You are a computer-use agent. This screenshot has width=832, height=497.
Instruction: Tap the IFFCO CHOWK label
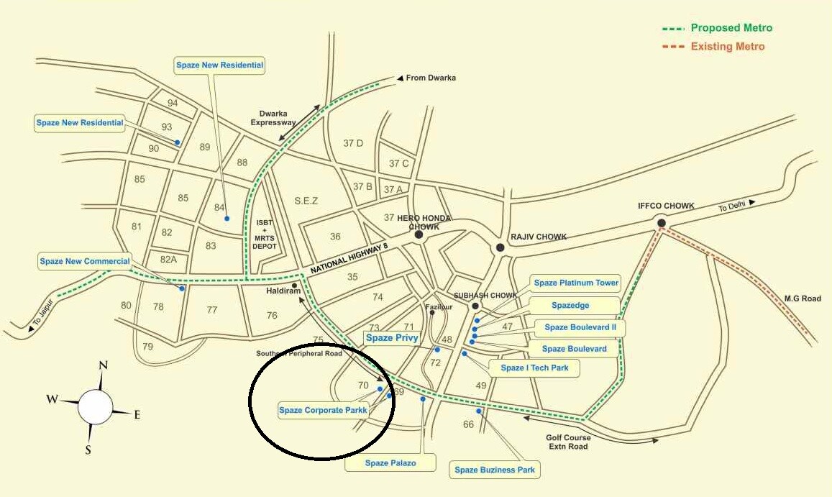(x=666, y=206)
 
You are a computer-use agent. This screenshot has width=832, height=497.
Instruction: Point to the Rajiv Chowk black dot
(x=500, y=247)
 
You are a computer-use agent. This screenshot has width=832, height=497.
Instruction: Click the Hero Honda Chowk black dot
(x=419, y=234)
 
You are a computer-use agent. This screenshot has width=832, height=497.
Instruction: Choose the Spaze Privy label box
(x=391, y=338)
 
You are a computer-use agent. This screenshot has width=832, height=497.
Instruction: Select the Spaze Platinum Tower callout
(x=576, y=283)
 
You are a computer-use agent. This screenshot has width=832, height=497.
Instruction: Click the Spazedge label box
(x=570, y=306)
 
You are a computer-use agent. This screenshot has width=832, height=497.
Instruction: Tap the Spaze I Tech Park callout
(x=534, y=368)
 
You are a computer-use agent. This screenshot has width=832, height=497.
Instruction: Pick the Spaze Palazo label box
(x=390, y=463)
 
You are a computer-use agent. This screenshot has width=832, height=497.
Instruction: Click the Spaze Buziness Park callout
(x=495, y=470)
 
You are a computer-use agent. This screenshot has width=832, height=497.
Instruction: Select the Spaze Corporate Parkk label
(x=323, y=411)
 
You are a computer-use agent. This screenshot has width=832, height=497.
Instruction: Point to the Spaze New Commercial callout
(x=85, y=262)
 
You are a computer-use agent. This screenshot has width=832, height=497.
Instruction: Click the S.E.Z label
(x=306, y=201)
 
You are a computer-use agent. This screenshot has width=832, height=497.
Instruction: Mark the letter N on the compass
(x=103, y=365)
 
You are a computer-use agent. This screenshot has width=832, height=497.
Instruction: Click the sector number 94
(x=173, y=103)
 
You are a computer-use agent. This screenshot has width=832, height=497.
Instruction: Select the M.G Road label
(x=802, y=298)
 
